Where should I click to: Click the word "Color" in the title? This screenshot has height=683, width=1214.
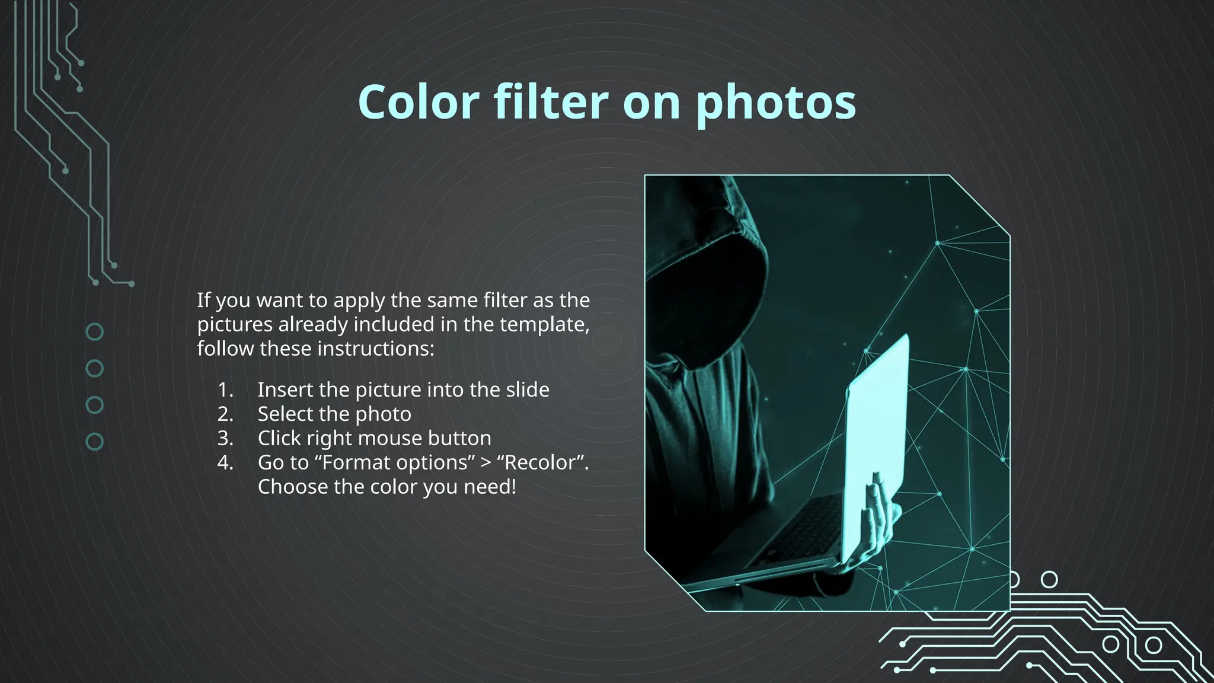[x=418, y=102]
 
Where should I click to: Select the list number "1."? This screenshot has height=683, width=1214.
[x=225, y=390]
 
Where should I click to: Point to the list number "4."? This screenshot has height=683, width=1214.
[x=225, y=462]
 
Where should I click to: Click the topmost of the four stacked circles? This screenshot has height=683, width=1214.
[x=95, y=331]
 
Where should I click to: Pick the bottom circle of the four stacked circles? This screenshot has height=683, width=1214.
[x=95, y=442]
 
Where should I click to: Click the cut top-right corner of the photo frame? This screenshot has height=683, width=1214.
[x=979, y=205]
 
